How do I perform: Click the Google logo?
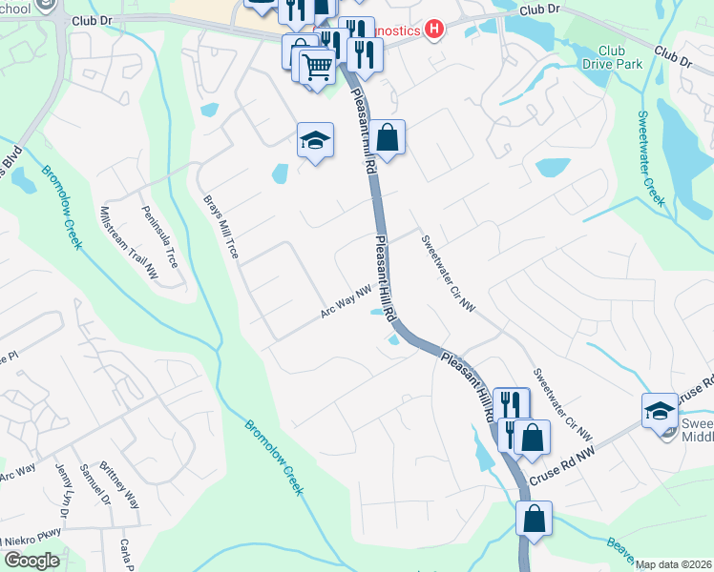(x=32, y=561)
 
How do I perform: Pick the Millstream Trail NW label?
(x=130, y=243)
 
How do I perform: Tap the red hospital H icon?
(x=434, y=30)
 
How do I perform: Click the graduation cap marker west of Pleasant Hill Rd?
(x=315, y=141)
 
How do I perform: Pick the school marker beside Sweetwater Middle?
(x=660, y=411)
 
